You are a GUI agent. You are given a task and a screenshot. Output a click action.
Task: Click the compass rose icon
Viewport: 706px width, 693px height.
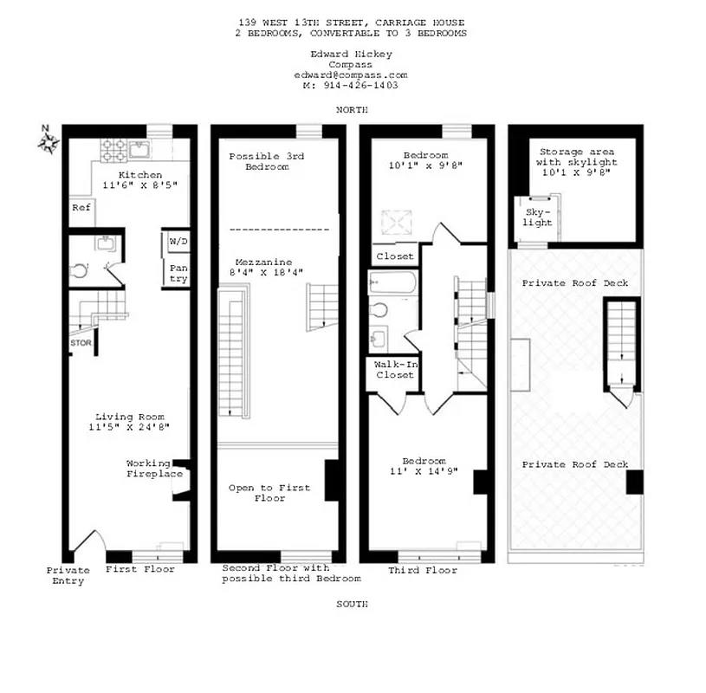tap(48, 138)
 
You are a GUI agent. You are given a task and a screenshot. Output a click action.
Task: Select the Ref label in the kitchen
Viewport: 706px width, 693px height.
tap(81, 208)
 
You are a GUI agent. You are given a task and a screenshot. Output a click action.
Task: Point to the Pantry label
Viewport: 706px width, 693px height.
tap(178, 273)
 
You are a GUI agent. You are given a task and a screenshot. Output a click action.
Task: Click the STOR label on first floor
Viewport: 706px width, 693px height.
tap(81, 343)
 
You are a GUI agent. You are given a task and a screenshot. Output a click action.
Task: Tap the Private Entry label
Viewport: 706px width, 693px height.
tap(68, 575)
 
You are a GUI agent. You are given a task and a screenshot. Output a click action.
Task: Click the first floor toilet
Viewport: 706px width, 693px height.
tap(80, 270)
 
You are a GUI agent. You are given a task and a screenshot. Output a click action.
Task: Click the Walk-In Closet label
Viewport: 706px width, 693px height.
tap(394, 370)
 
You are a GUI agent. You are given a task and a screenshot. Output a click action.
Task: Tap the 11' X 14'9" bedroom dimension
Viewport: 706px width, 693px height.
tap(424, 472)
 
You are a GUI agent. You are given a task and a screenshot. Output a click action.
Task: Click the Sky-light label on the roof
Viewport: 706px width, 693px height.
tap(537, 217)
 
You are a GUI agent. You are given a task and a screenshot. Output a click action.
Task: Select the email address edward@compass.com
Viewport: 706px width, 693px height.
tap(350, 75)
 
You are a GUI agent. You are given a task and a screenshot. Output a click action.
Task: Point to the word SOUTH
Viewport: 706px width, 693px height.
tap(352, 604)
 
